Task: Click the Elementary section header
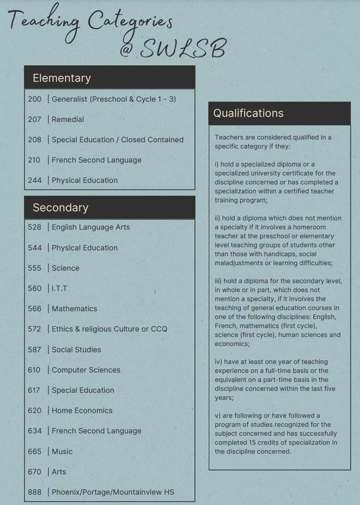point(62,78)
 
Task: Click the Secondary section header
point(60,207)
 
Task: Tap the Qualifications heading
point(248,113)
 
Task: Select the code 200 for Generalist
point(35,99)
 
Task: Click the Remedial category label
point(68,120)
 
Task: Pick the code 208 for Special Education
point(35,140)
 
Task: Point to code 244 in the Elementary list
point(35,180)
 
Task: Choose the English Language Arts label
point(90,227)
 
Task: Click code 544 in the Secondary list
point(35,248)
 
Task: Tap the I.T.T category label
point(59,288)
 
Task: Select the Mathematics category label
point(74,308)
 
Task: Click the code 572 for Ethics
point(35,329)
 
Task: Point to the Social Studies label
point(76,350)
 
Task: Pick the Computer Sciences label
point(86,370)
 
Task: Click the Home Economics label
point(82,410)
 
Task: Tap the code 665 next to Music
point(35,452)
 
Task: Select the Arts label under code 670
point(59,472)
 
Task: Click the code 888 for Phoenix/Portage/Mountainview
point(35,492)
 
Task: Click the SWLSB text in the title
point(182,49)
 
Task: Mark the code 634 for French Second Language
point(35,431)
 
